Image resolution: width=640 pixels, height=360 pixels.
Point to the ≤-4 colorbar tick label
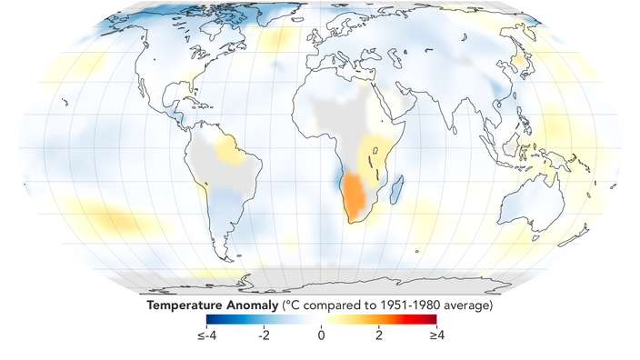tap(207, 335)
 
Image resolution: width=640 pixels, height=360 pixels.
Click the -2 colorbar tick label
tap(264, 335)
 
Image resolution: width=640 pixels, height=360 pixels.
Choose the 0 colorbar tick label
tap(321, 335)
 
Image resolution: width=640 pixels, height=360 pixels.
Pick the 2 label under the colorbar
tap(379, 335)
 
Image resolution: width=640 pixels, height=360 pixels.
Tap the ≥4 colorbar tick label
tap(436, 335)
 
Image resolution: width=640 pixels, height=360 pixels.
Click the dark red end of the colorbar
tap(433, 319)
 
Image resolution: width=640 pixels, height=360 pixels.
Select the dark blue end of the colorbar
tap(211, 319)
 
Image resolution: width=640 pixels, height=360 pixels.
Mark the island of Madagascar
tap(396, 190)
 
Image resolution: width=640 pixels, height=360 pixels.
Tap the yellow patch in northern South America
tap(230, 150)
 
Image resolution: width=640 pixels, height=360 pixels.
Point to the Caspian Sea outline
tap(394, 58)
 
